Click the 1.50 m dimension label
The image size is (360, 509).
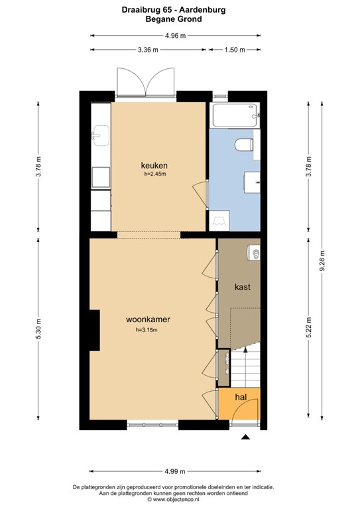pyautogui.click(x=235, y=50)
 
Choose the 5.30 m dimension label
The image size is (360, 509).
pyautogui.click(x=39, y=329)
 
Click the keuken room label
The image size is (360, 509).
pyautogui.click(x=154, y=165)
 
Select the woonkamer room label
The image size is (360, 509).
pyautogui.click(x=148, y=319)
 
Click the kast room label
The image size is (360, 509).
pyautogui.click(x=242, y=288)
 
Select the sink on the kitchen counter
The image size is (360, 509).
pyautogui.click(x=101, y=135)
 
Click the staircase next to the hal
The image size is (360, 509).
pyautogui.click(x=245, y=368)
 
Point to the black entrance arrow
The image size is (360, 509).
pyautogui.click(x=245, y=437)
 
